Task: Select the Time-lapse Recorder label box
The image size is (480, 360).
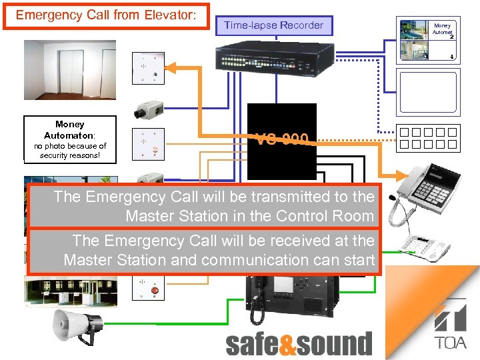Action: [x=273, y=25]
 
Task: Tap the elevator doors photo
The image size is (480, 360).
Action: [x=70, y=69]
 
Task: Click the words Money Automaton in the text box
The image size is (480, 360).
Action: [x=69, y=129]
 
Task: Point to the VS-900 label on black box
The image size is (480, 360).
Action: [x=282, y=139]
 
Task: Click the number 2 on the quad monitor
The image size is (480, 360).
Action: [x=451, y=37]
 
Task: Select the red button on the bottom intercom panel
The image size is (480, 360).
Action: [x=156, y=291]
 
